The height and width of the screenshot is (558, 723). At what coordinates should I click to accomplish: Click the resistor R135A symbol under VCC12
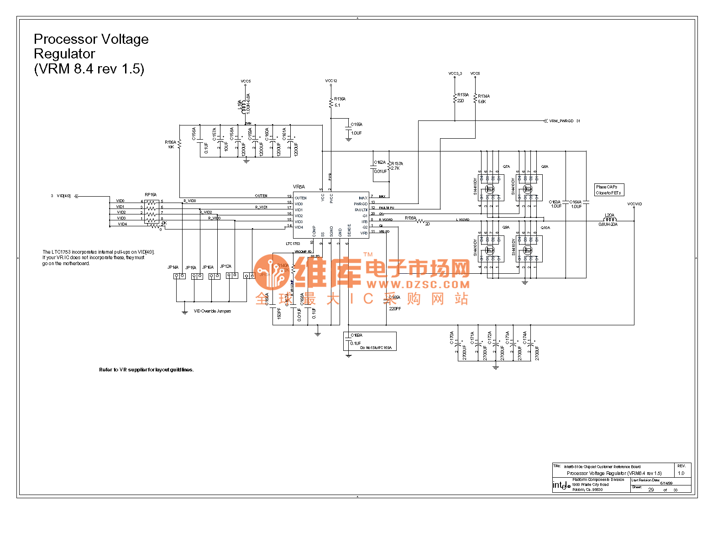click(331, 103)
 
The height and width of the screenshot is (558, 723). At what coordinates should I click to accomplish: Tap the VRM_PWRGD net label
click(561, 121)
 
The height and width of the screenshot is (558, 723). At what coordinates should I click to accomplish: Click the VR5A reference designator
click(299, 187)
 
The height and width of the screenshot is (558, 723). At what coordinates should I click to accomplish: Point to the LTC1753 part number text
click(293, 244)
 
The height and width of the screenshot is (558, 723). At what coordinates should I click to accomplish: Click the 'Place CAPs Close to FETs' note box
click(609, 190)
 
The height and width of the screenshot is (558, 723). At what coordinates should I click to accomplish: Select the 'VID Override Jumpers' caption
click(212, 311)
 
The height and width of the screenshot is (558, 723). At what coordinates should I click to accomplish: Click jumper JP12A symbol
click(232, 276)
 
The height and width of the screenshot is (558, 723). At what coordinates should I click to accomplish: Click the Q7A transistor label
click(506, 167)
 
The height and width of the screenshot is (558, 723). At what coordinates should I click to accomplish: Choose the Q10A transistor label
click(545, 228)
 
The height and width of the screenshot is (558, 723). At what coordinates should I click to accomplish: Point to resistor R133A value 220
click(461, 101)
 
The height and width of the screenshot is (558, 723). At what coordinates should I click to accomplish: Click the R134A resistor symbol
click(475, 98)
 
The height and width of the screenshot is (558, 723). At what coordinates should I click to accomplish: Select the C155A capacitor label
click(356, 125)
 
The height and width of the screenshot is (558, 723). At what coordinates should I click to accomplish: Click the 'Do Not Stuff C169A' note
click(376, 348)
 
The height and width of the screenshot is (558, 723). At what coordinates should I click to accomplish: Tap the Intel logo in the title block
click(561, 485)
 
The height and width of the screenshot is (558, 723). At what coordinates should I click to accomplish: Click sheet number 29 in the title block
click(651, 490)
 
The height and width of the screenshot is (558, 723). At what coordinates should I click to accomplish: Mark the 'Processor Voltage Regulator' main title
click(91, 54)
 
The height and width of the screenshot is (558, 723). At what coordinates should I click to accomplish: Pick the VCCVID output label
click(634, 204)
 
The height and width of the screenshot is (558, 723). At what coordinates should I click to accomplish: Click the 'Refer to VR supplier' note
click(146, 370)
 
